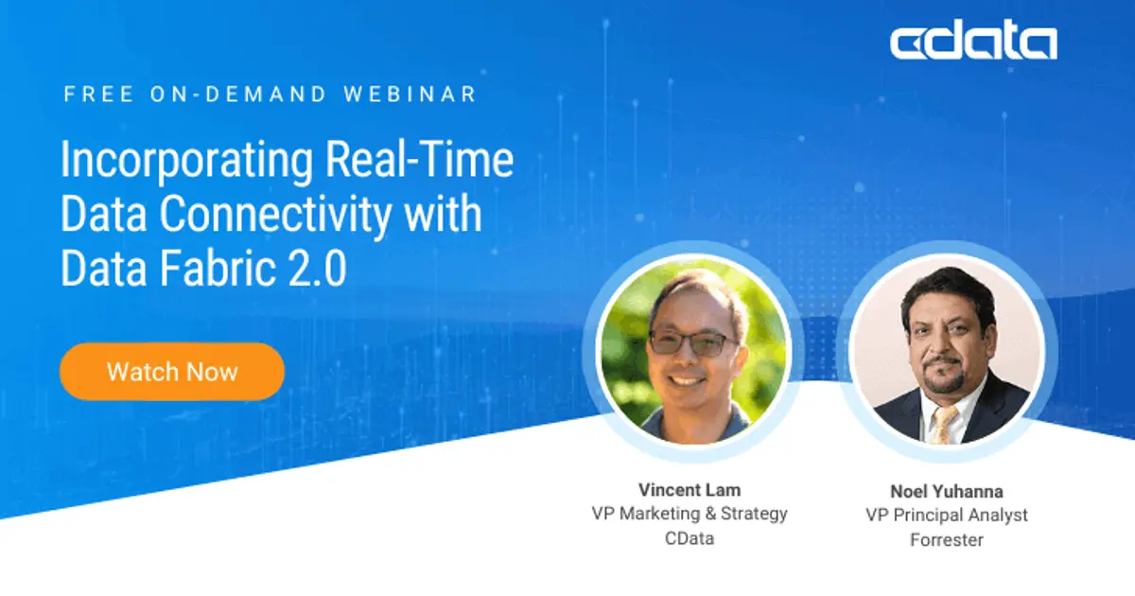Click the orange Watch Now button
click(x=171, y=371)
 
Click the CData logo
click(x=973, y=44)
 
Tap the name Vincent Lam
click(x=689, y=490)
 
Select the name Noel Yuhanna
click(x=946, y=491)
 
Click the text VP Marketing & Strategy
click(x=689, y=514)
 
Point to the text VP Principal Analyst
click(x=946, y=516)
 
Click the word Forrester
click(x=946, y=540)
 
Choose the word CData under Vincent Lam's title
click(x=689, y=538)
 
